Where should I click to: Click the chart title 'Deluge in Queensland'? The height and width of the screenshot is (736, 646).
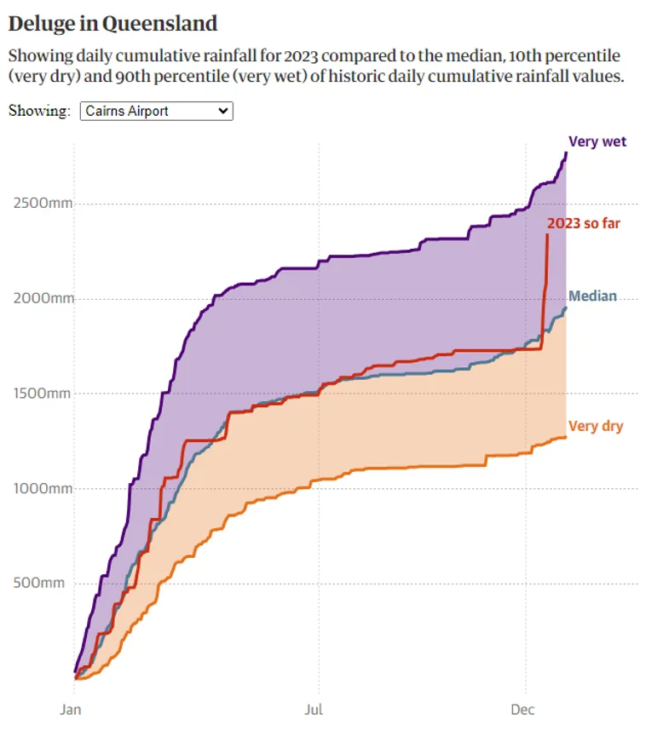coord(112,23)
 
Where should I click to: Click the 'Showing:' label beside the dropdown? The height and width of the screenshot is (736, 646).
coord(39,111)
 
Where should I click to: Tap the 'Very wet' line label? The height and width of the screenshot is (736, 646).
coord(597,141)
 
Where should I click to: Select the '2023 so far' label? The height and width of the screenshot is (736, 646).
coord(584,223)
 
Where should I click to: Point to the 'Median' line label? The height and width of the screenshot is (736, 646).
coord(592,296)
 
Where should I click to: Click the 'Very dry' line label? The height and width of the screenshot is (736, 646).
coord(596,426)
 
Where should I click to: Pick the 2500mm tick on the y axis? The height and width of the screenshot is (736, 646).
coord(42,204)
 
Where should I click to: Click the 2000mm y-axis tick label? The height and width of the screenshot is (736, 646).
coord(42,298)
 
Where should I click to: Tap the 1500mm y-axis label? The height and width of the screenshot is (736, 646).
coord(42,394)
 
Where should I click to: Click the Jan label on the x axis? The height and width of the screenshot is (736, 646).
coord(71,708)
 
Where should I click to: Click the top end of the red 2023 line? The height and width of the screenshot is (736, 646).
coord(546,235)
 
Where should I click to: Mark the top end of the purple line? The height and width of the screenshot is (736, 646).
coord(566,153)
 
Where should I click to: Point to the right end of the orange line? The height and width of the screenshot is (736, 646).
coord(566,437)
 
